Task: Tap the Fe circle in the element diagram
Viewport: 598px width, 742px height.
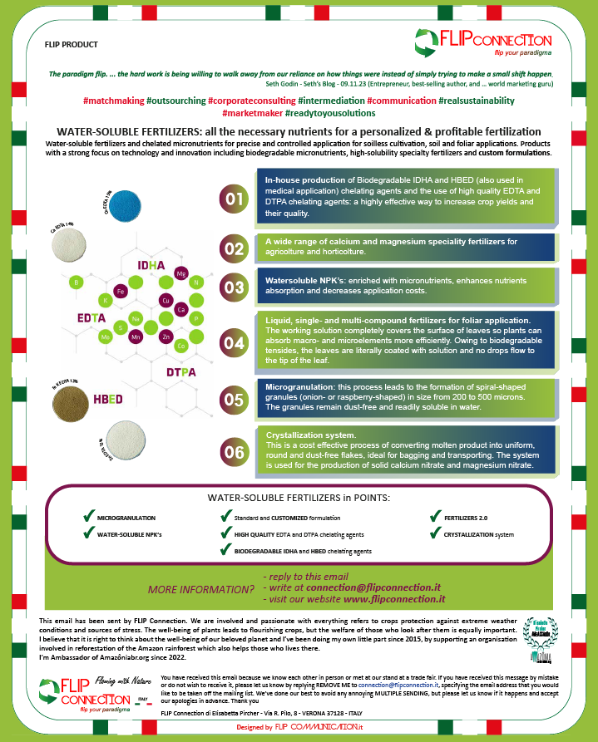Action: coord(121,292)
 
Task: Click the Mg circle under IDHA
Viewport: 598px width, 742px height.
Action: coord(181,273)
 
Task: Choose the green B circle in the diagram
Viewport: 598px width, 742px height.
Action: coord(77,283)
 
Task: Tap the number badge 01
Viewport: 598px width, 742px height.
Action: coord(233,198)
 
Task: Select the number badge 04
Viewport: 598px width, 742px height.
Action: coord(233,342)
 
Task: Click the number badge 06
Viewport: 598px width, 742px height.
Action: coord(233,453)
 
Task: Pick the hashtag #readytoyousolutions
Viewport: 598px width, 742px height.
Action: coord(330,113)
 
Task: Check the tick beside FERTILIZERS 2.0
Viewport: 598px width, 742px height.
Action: coord(437,517)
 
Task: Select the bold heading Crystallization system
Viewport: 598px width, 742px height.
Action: coord(310,435)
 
